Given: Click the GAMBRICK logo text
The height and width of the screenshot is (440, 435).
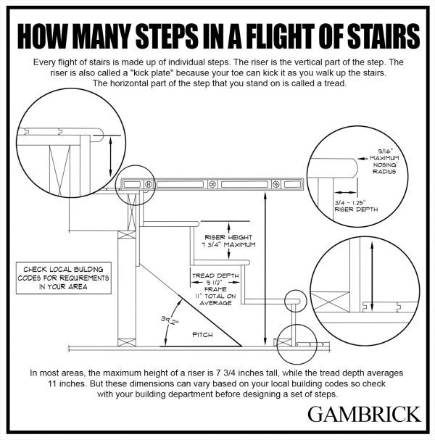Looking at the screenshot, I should click(x=363, y=415).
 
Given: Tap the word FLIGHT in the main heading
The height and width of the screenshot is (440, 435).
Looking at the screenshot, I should click(x=251, y=35).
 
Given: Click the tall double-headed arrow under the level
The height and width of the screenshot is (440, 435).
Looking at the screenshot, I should click(x=266, y=268).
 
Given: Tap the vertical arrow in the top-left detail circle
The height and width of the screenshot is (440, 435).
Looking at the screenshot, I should click(x=109, y=153).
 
